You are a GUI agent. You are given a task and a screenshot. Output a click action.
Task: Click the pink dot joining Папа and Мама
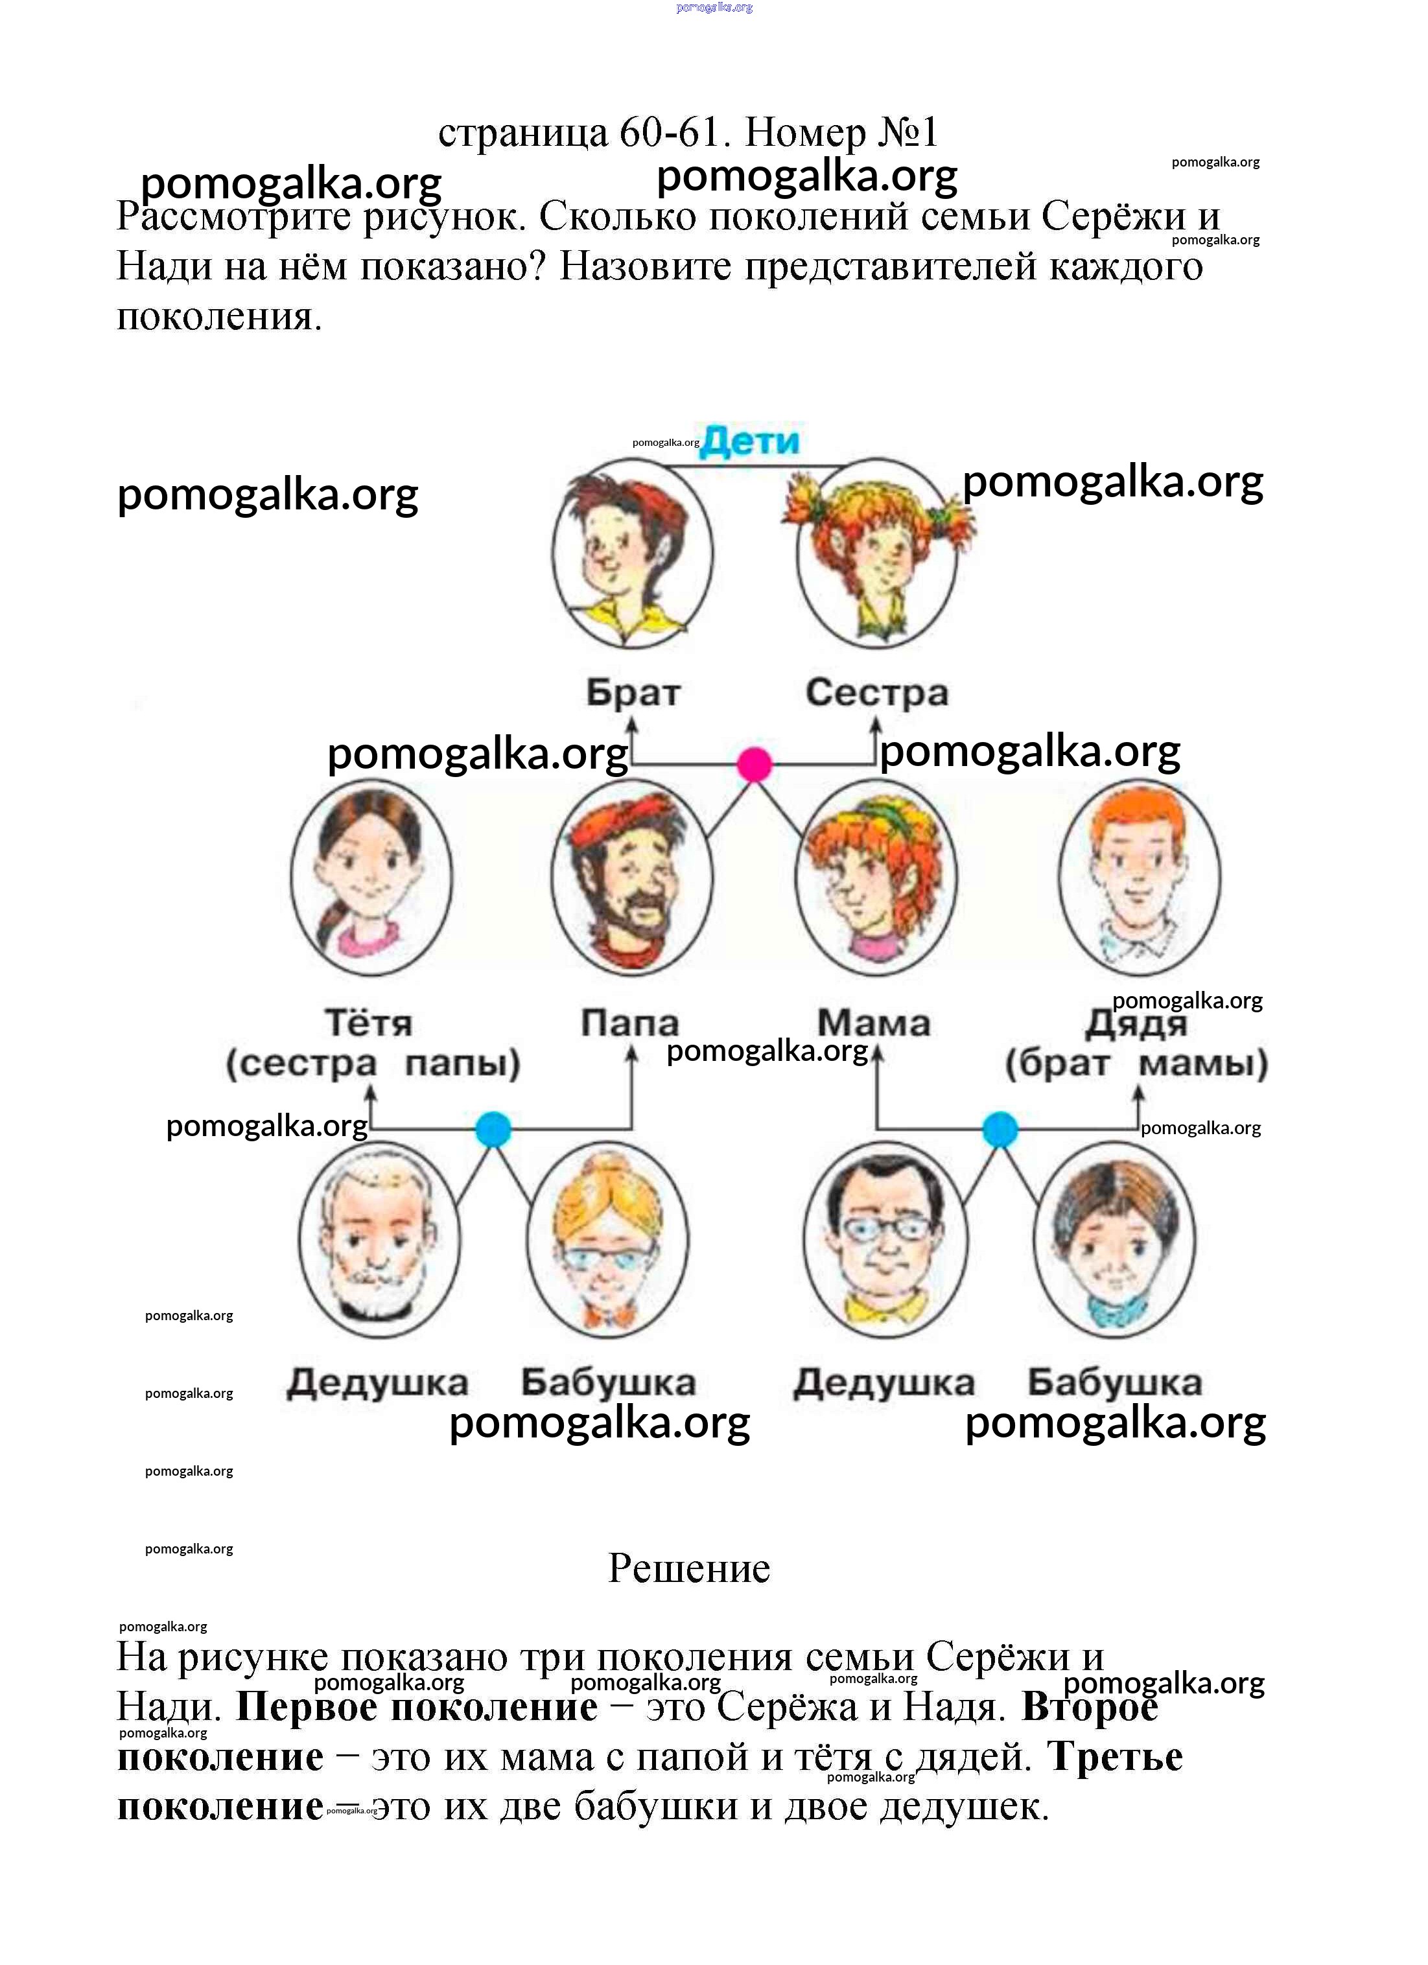point(754,765)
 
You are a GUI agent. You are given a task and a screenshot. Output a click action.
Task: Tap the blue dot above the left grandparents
point(493,1130)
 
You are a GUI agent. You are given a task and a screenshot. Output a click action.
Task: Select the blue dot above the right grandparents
point(1000,1130)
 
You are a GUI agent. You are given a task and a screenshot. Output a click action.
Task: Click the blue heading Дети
point(751,441)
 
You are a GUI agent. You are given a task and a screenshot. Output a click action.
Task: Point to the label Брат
point(633,693)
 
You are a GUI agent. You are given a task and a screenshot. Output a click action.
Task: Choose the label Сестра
point(877,693)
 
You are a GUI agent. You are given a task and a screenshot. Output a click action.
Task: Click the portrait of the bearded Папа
point(633,877)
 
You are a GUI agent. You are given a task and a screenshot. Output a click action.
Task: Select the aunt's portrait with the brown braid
point(371,877)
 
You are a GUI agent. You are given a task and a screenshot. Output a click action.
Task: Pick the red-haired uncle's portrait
point(1140,877)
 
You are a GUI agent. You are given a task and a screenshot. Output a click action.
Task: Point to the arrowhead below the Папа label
point(632,1054)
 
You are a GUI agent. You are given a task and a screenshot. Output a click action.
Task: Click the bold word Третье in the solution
point(1114,1757)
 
